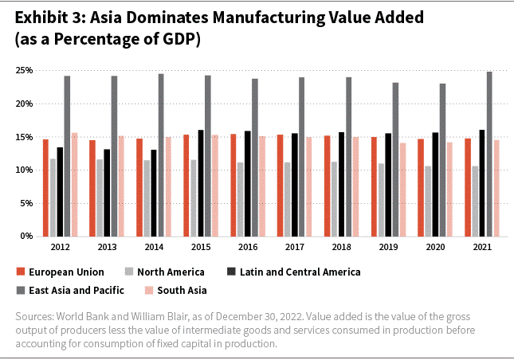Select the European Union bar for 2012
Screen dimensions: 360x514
(45, 188)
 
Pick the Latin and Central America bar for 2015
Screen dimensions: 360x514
(201, 183)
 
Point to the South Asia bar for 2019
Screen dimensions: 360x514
(403, 190)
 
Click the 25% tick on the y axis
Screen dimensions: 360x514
(23, 71)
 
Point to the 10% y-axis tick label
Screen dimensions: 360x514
(23, 170)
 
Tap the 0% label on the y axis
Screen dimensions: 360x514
(26, 237)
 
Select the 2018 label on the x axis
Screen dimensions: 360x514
(342, 248)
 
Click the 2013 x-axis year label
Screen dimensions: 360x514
(108, 248)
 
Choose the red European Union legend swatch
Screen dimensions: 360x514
(22, 272)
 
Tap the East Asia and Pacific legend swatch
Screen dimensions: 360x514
(22, 290)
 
